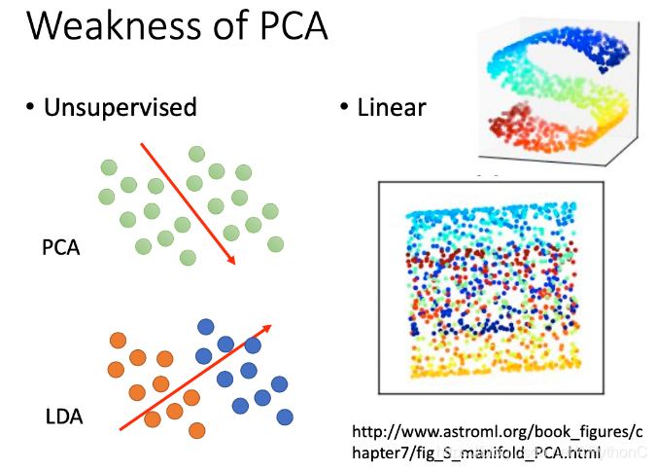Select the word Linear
[392, 106]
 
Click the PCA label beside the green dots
[60, 248]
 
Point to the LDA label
[63, 418]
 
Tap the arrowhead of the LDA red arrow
[265, 328]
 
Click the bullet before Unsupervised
[30, 106]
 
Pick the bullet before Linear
[344, 106]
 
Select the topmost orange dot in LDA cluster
[118, 341]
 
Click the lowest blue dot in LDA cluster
[285, 416]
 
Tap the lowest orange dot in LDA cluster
[197, 429]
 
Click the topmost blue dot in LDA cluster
[205, 327]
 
